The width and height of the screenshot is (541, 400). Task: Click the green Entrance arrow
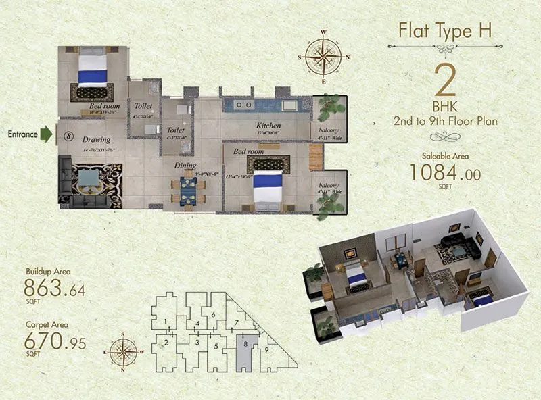click(45, 134)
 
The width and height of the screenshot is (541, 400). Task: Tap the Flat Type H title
click(444, 31)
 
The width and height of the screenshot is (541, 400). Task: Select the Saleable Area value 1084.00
click(445, 173)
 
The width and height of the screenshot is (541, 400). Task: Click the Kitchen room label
click(268, 126)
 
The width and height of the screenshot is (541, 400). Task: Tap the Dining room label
click(185, 166)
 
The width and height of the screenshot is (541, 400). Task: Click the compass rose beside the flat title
click(323, 57)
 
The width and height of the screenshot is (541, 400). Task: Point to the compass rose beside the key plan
click(122, 351)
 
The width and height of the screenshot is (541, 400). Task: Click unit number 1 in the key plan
click(165, 320)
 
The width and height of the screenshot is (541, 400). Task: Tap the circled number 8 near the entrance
click(68, 134)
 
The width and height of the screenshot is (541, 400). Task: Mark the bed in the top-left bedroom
click(93, 72)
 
